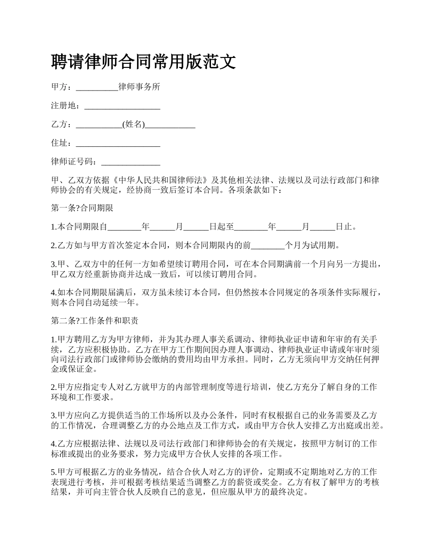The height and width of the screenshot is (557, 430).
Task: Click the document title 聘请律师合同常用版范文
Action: (x=143, y=61)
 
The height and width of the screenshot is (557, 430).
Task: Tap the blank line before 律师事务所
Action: (x=97, y=88)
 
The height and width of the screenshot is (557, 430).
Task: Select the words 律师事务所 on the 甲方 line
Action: (x=139, y=87)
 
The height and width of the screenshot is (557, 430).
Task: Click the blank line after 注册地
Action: (x=122, y=107)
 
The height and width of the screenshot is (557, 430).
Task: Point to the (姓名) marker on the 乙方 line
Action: (x=134, y=125)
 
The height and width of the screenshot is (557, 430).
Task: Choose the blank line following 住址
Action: (x=118, y=144)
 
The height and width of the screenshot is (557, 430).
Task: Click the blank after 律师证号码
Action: (x=131, y=163)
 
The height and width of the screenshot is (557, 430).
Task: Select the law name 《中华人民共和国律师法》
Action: (x=161, y=180)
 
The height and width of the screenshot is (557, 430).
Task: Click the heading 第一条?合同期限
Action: (x=82, y=208)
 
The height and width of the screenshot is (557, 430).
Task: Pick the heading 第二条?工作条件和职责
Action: (x=95, y=321)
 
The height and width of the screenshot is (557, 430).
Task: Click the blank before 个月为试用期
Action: (x=268, y=246)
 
